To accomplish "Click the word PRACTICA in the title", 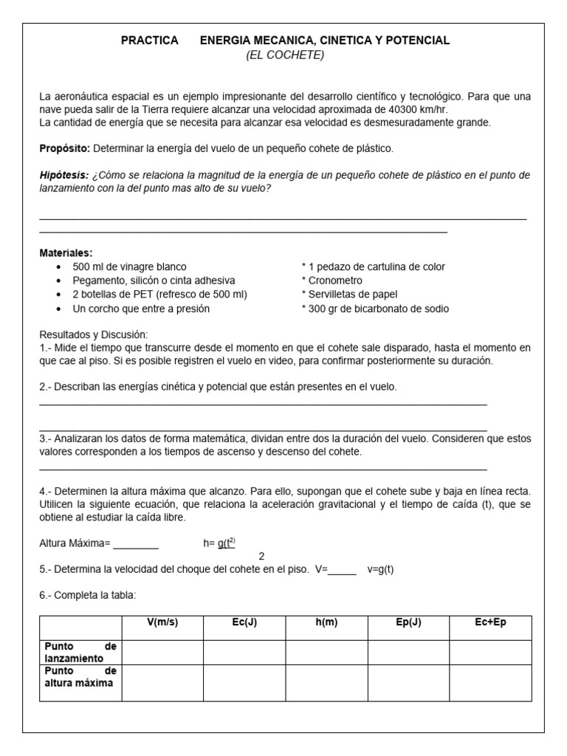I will (x=149, y=41).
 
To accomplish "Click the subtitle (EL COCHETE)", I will (x=285, y=55).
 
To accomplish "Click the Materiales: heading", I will (x=66, y=253).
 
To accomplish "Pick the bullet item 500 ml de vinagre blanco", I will (x=129, y=267).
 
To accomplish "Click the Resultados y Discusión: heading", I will (x=94, y=334).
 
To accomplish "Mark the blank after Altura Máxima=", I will (x=135, y=544).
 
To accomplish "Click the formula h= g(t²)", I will (x=219, y=543).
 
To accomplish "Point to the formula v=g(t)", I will (x=380, y=570).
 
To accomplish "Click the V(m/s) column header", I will (x=162, y=622).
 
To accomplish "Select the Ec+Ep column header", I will (x=490, y=622).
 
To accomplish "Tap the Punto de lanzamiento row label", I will (x=80, y=652).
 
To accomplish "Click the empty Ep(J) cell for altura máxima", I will (x=408, y=682).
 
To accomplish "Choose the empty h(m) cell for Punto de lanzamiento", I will (x=326, y=652).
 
